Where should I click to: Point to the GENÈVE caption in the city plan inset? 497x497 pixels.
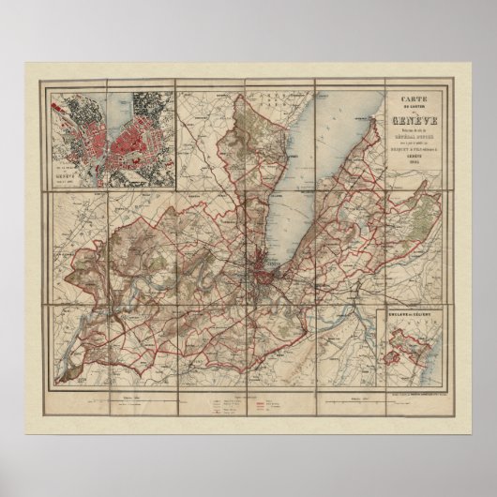pos(67,173)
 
